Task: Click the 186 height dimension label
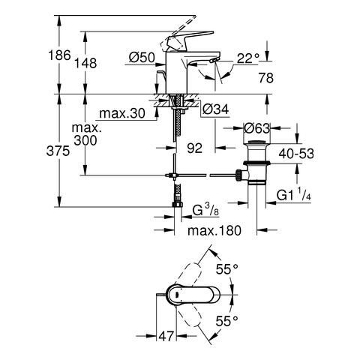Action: [x=59, y=55]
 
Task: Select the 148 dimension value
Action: [x=85, y=63]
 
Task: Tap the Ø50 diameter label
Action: [x=142, y=58]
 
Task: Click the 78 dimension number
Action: [x=266, y=78]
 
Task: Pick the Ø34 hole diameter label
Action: [x=215, y=109]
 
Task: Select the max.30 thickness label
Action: [x=122, y=113]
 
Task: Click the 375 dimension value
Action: [x=58, y=151]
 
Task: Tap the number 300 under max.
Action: [x=85, y=140]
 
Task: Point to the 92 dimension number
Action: [x=195, y=148]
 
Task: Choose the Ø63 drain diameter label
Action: [x=257, y=128]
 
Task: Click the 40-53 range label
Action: [x=296, y=154]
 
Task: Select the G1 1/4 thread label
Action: [x=294, y=195]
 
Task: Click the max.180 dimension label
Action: [x=214, y=230]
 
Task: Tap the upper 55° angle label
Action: [x=227, y=269]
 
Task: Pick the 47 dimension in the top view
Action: [x=166, y=336]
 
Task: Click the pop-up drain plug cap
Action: [x=257, y=143]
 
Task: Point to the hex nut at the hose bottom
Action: [x=178, y=205]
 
